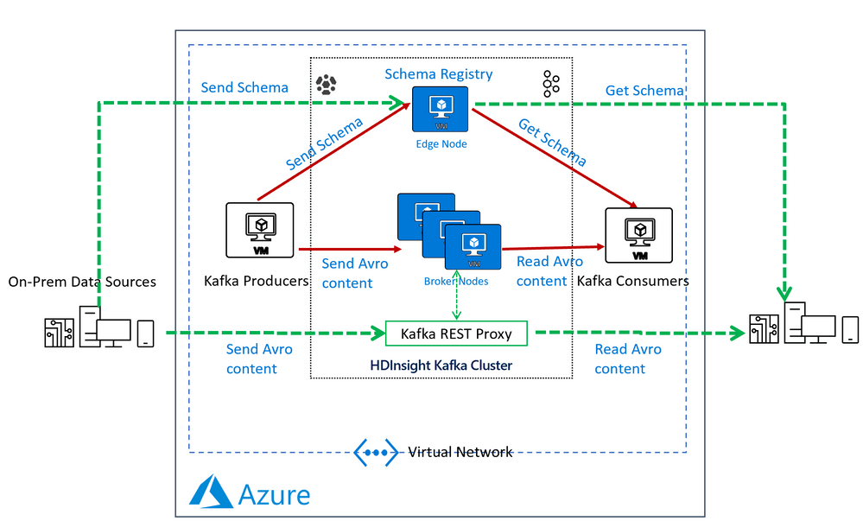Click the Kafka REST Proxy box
coord(456,334)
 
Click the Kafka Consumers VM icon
coord(639,234)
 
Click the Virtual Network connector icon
coord(376,452)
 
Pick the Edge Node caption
coord(440,143)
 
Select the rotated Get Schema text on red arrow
coord(553,143)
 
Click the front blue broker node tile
coord(473,245)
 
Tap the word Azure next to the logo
coord(274,494)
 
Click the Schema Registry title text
coord(439,74)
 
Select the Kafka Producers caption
coord(257,281)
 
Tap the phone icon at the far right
coord(850,329)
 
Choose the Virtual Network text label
coord(460,452)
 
